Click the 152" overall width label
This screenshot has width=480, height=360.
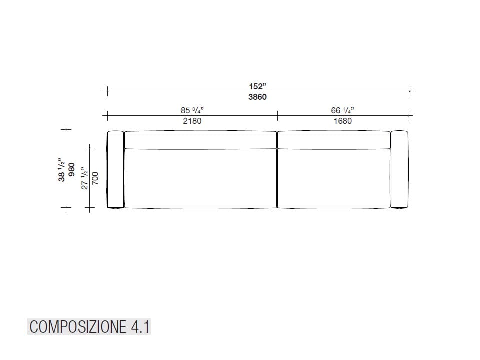coord(257,86)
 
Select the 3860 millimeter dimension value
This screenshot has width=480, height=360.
coord(257,97)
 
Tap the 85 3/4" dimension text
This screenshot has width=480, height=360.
coord(192,110)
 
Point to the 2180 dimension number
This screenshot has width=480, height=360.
coord(192,121)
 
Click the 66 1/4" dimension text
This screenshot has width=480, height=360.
coord(342,110)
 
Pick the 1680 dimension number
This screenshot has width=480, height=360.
coord(342,121)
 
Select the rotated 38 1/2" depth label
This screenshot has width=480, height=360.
coord(62,170)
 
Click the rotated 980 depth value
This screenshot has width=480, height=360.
coord(72,170)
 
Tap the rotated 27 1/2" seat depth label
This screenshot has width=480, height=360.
coord(85,178)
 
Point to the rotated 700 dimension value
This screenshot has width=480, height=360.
coord(95,178)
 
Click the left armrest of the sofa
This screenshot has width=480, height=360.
coord(115,169)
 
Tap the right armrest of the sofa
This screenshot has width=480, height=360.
coord(400,169)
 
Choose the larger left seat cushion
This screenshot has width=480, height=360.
coord(200,177)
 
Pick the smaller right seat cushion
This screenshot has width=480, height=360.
coord(333,177)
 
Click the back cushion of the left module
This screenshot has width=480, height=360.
coord(200,140)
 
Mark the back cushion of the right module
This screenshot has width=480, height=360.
coord(333,140)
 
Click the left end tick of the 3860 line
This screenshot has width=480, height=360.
coord(106,91)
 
